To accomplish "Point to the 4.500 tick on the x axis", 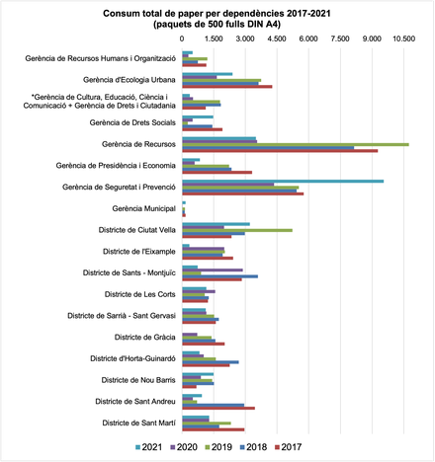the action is click(x=277, y=38).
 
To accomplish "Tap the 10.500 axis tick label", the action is click(x=403, y=38).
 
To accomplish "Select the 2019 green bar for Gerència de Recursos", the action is click(x=296, y=144).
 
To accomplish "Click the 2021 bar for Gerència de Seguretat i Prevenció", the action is click(x=283, y=182).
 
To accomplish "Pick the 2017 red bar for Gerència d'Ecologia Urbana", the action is click(x=227, y=87).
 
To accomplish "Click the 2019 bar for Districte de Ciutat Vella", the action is click(x=237, y=230).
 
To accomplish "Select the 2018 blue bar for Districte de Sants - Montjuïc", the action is click(x=220, y=276).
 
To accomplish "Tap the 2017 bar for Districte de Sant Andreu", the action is click(x=218, y=409).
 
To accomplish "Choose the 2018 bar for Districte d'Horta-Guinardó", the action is click(x=211, y=362).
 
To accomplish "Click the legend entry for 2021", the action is click(x=149, y=447).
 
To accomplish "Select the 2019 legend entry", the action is click(x=218, y=447).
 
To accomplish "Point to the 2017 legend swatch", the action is click(x=278, y=447).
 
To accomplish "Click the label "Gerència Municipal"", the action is click(x=143, y=208).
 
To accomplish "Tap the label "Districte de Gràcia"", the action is click(x=145, y=338).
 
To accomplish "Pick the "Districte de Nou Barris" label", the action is click(x=138, y=380).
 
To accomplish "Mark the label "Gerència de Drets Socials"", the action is click(x=132, y=122).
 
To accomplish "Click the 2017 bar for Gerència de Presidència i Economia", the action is click(x=217, y=172).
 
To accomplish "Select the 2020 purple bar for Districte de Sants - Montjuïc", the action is click(x=213, y=270).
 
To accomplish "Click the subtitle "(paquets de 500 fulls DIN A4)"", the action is click(x=217, y=25).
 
